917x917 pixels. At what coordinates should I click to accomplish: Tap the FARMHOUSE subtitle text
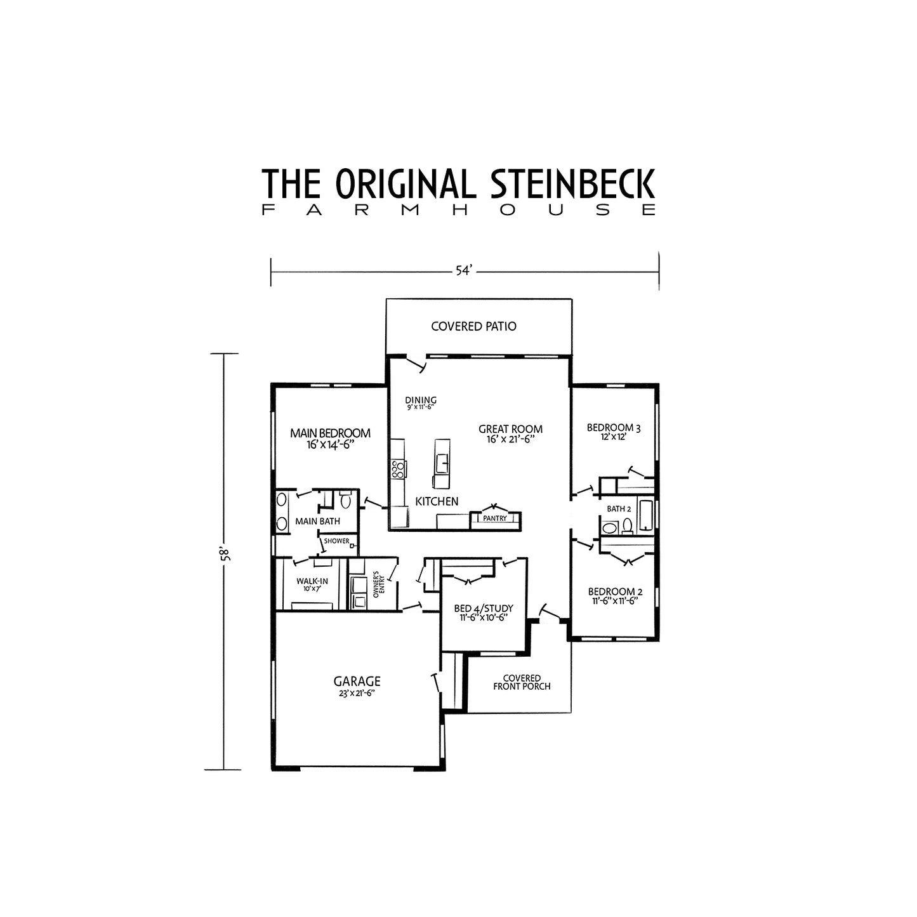coord(458,210)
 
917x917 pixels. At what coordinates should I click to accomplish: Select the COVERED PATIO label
coord(473,326)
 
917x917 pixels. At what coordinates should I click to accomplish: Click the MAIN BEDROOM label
coord(330,433)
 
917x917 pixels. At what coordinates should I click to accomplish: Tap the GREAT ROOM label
coord(510,429)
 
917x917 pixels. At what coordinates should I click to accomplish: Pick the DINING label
coord(421,400)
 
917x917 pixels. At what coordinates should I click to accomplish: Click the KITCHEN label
coord(437,501)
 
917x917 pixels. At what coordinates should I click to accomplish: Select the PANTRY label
coord(494,518)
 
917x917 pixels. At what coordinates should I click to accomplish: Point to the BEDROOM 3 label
coord(614,428)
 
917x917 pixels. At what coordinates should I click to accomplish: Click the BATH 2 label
coord(619,509)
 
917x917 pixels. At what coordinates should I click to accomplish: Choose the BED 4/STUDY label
coord(484,609)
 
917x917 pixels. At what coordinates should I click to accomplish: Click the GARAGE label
coord(357,682)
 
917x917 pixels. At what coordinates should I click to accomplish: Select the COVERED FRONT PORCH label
coord(522,682)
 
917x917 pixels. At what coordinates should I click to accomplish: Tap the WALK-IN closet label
coord(312,581)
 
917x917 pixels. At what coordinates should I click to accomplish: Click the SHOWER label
coord(336,541)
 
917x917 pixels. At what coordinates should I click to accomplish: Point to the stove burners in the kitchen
coord(399,470)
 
